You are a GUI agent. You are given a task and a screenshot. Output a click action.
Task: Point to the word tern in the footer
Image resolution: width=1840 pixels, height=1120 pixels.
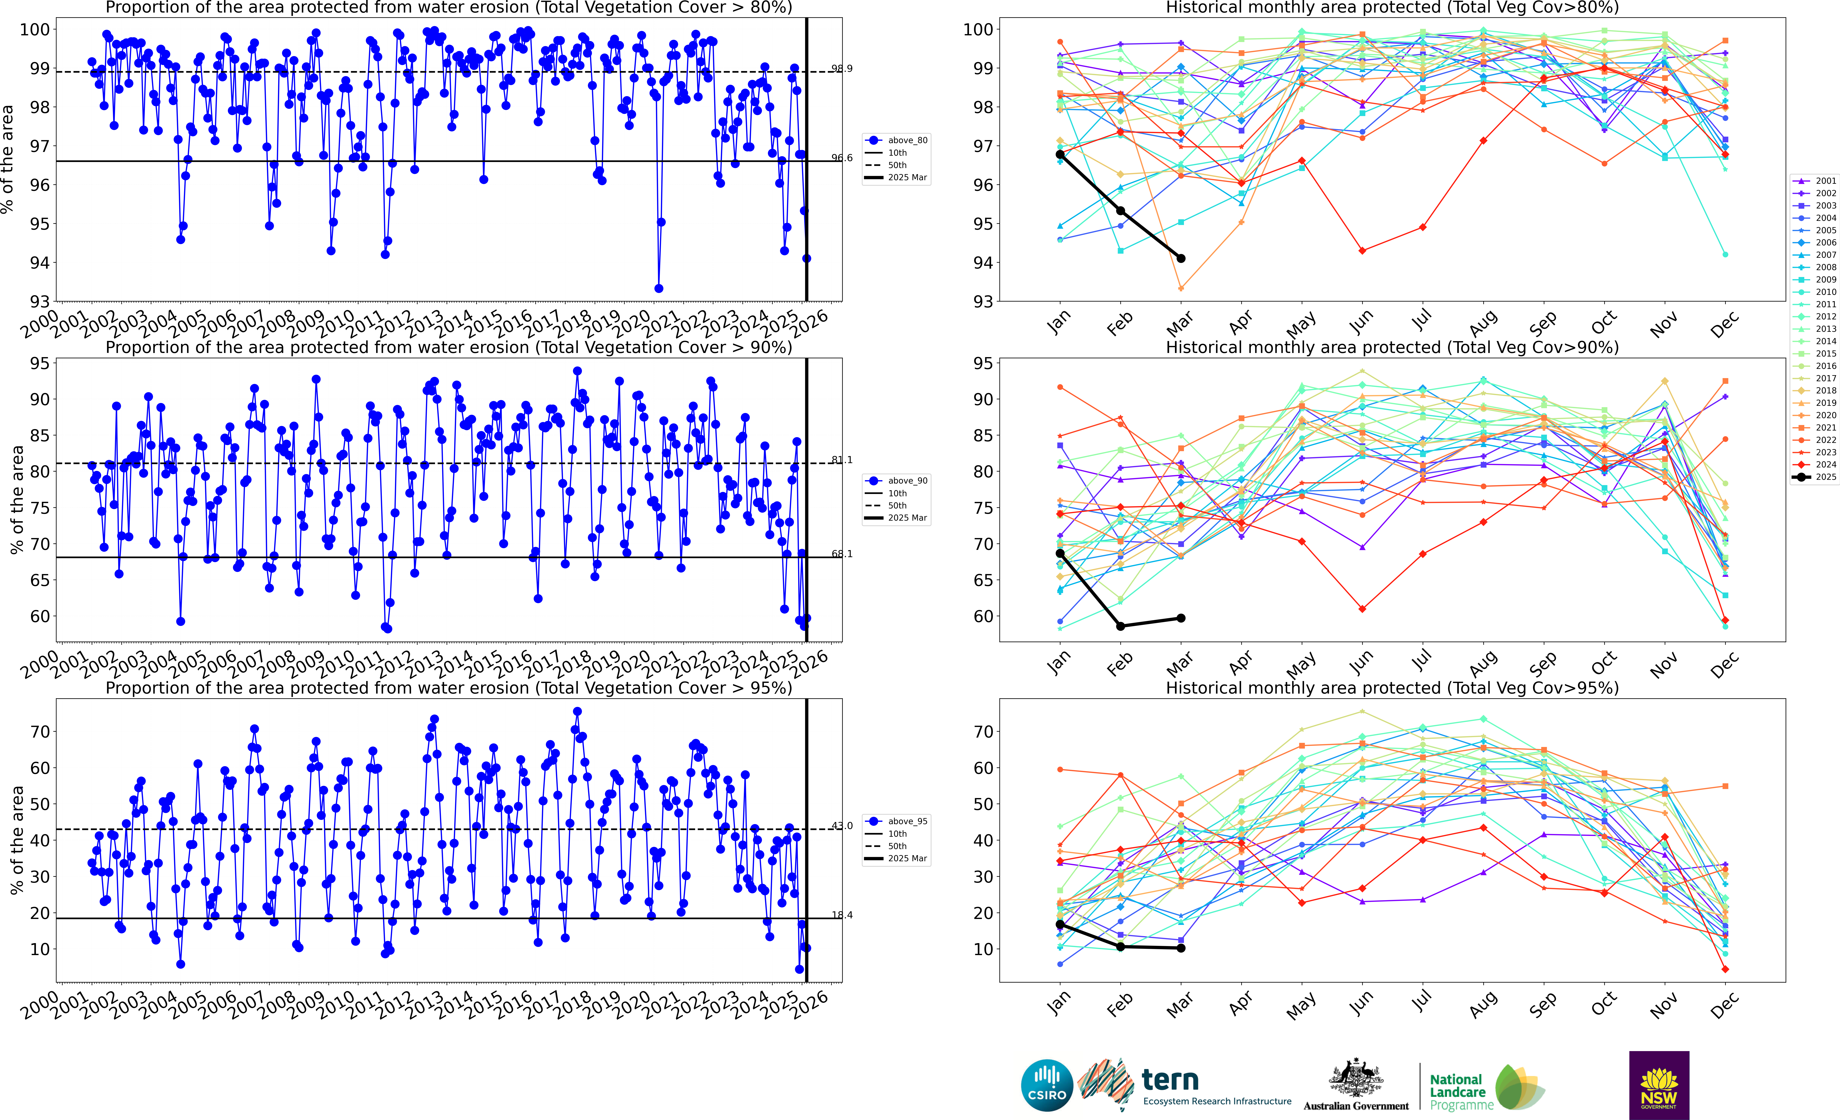[x=1170, y=1080]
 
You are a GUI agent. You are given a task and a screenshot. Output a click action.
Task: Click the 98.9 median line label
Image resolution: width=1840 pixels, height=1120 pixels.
[x=842, y=69]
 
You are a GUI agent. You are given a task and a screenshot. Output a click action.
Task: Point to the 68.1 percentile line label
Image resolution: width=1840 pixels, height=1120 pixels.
[x=842, y=554]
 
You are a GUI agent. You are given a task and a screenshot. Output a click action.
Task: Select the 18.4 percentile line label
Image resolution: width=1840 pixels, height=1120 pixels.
[x=842, y=915]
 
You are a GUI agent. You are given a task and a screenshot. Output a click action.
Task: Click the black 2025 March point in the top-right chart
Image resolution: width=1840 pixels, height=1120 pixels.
[x=1181, y=258]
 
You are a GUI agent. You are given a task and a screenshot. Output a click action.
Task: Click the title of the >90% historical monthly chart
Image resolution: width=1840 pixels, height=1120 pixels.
[x=1392, y=348]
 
